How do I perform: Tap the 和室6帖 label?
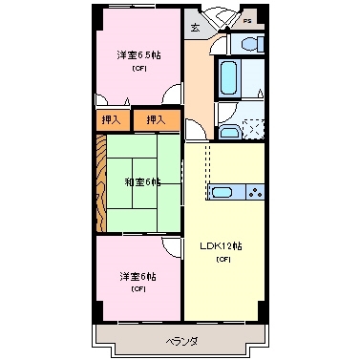pos(141,181)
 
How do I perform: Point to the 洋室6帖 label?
pos(138,276)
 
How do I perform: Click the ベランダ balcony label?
pos(180,340)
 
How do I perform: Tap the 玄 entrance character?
pos(195,29)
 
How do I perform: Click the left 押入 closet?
pos(111,119)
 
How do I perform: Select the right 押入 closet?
pos(156,119)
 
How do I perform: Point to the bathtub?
pos(230,78)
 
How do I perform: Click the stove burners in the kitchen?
pos(255,192)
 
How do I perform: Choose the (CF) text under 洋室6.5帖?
pos(139,68)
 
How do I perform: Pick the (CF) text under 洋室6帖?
pos(138,288)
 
